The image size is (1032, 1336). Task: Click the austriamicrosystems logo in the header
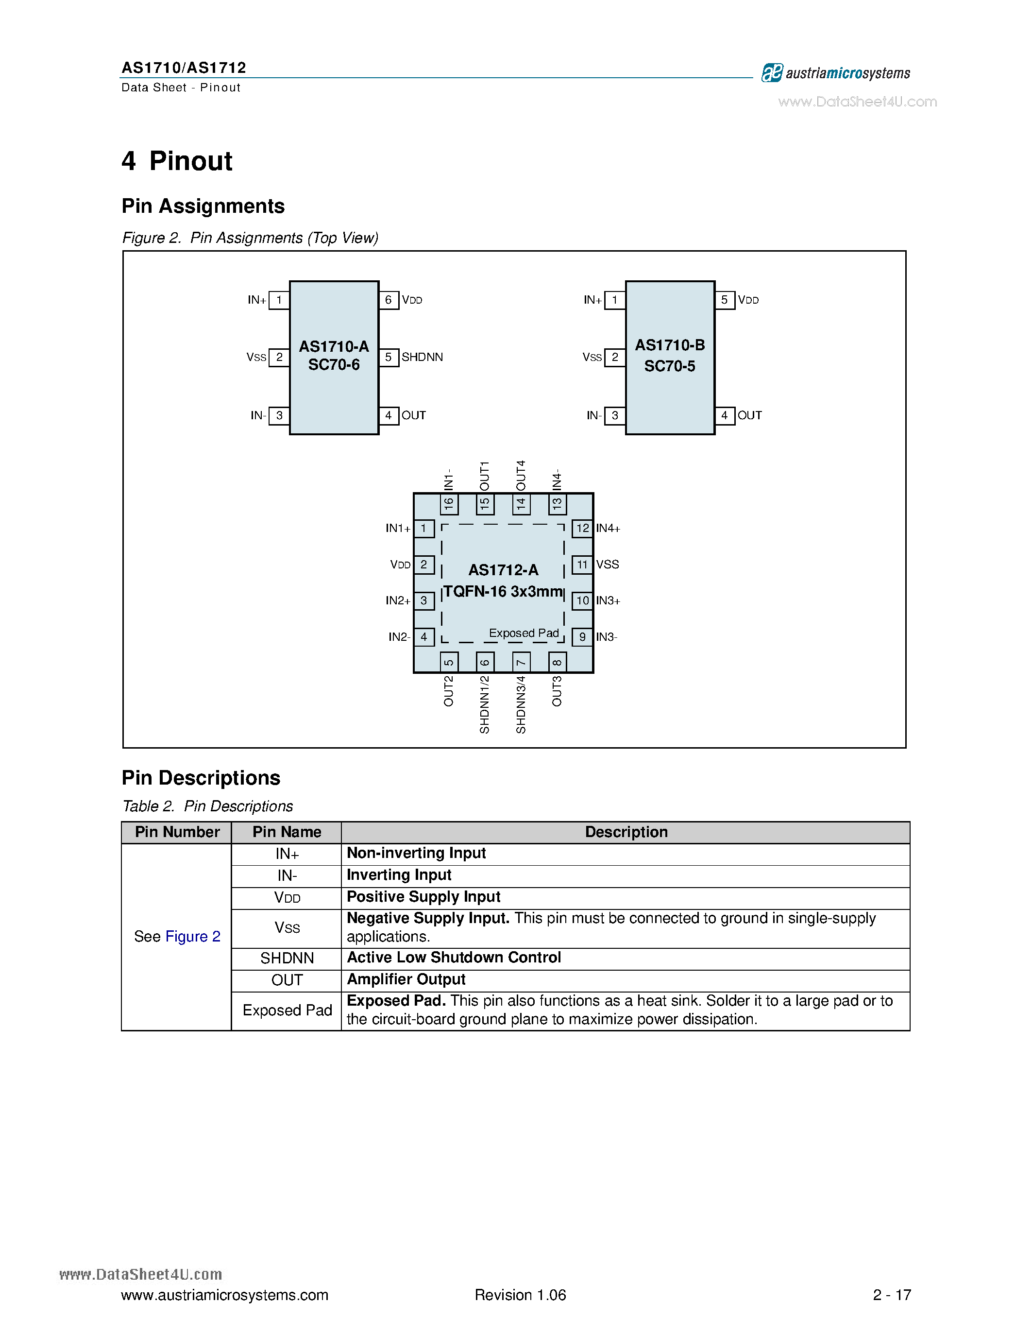click(x=835, y=73)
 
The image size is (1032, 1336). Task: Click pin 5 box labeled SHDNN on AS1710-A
click(x=388, y=357)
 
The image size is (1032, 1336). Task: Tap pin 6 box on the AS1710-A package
click(x=388, y=300)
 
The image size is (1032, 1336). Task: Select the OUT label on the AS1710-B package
click(x=749, y=415)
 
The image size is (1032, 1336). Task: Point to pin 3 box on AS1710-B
click(x=614, y=415)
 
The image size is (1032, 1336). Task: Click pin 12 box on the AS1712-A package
click(x=582, y=528)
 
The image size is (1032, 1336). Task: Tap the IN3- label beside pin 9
click(x=607, y=637)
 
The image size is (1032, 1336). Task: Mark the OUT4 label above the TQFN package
click(x=521, y=475)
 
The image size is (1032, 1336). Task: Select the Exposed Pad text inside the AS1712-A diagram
click(x=524, y=633)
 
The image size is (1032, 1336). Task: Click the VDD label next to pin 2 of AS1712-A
click(x=401, y=565)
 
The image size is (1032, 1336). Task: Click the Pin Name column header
click(x=287, y=832)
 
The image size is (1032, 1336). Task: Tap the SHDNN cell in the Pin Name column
click(x=287, y=958)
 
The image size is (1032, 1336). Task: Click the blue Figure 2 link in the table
click(x=193, y=937)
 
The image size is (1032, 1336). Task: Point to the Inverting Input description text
click(x=399, y=875)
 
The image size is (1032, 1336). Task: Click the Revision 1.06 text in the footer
click(x=520, y=1295)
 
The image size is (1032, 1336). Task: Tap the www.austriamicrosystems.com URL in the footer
click(x=224, y=1295)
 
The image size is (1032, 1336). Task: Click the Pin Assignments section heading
click(x=203, y=206)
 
